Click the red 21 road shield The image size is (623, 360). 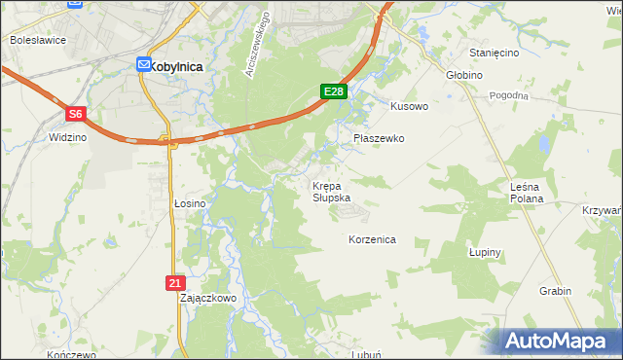[x=174, y=282]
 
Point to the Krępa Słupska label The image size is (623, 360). [x=332, y=191]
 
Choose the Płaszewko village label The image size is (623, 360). [x=378, y=139]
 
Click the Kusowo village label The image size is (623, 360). [x=409, y=106]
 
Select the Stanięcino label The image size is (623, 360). [x=494, y=53]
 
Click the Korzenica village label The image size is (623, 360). [x=372, y=238]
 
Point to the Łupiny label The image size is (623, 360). [x=484, y=252]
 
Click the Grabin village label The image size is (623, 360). [x=555, y=291]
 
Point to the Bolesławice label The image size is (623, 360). [x=36, y=41]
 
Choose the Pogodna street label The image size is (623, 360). [x=509, y=95]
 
